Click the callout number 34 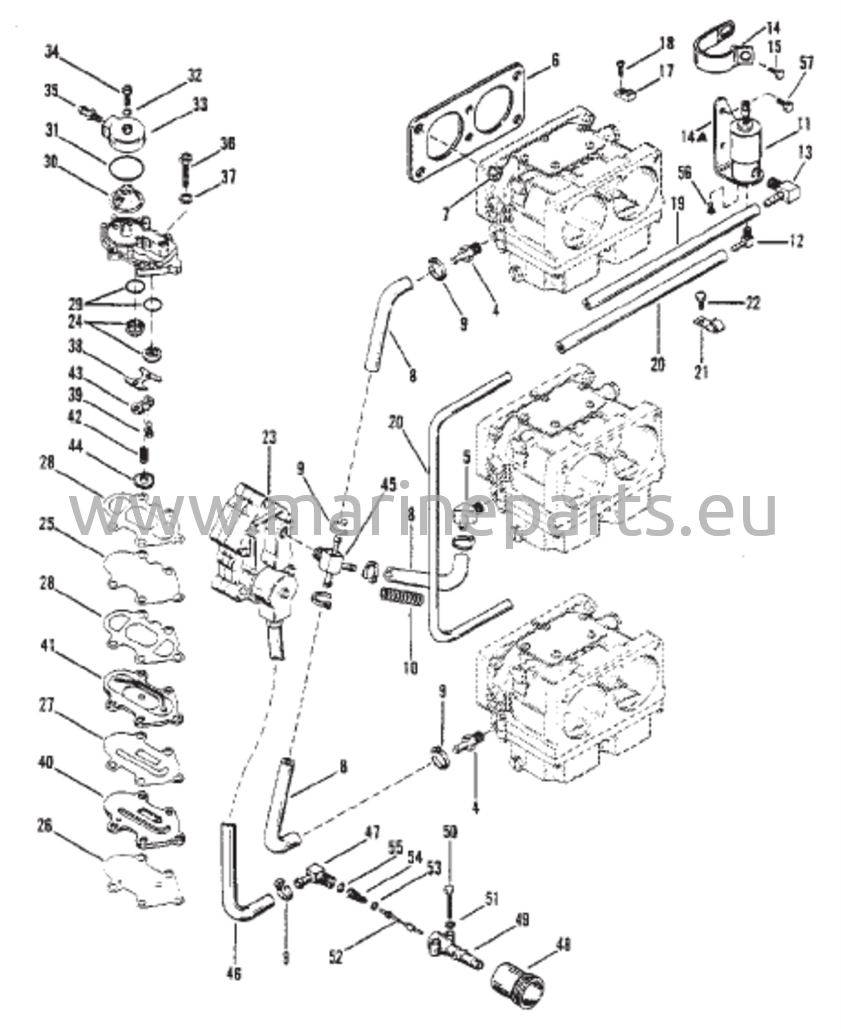click(52, 51)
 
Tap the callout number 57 click(807, 64)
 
